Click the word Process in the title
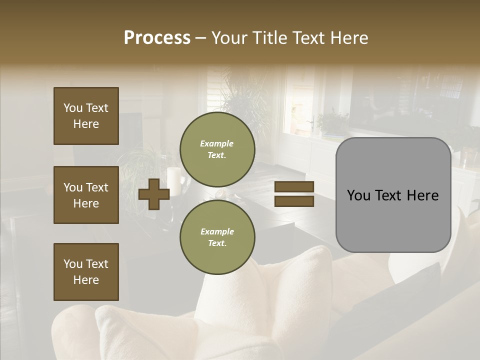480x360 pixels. click(x=157, y=38)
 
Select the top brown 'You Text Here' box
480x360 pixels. click(x=86, y=116)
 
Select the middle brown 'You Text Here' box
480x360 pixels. click(x=86, y=195)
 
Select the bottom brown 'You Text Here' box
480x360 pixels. click(x=86, y=272)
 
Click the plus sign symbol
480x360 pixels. click(x=154, y=194)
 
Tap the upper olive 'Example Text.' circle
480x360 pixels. click(x=217, y=149)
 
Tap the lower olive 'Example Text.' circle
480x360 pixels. click(x=217, y=237)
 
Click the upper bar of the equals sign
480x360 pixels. click(x=294, y=187)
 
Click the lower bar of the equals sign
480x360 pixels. click(x=294, y=201)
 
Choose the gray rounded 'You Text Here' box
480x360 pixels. click(x=393, y=195)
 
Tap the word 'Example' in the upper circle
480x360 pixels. click(x=217, y=143)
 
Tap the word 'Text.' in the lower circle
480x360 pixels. click(x=217, y=243)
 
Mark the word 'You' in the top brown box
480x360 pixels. click(x=73, y=108)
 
